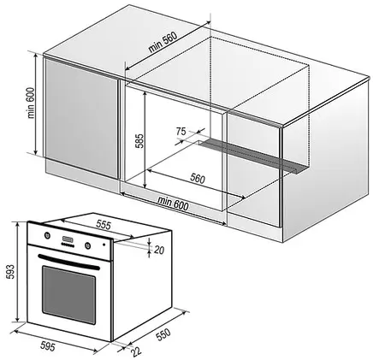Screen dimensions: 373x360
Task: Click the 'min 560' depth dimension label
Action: point(163,42)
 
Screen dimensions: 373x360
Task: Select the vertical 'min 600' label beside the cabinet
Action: point(31,103)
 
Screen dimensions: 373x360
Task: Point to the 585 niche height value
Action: point(139,140)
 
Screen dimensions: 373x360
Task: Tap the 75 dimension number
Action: point(181,132)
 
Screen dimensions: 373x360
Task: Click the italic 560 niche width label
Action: point(198,179)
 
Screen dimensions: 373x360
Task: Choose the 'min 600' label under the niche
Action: point(173,203)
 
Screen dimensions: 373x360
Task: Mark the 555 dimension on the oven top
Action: point(103,225)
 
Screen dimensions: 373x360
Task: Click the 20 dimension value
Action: point(159,250)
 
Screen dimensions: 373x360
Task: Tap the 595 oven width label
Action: point(47,346)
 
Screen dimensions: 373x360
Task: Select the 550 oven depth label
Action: point(163,334)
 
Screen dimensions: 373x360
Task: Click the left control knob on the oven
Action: point(47,235)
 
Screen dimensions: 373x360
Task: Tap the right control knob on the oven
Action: point(87,245)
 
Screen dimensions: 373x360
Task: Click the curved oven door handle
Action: point(68,262)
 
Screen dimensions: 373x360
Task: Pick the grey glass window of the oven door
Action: point(68,294)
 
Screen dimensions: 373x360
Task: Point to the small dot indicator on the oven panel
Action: point(104,245)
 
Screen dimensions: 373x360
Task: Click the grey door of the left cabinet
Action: point(81,118)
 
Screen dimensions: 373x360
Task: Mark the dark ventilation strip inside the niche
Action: point(251,156)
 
